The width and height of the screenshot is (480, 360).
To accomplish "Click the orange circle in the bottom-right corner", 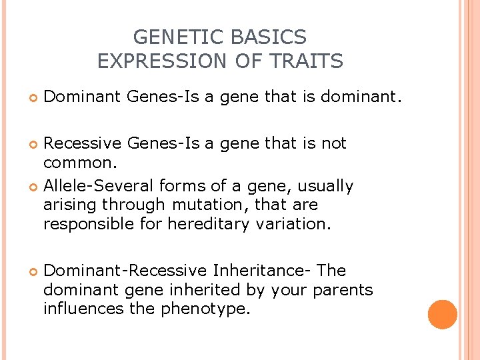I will pos(442,315).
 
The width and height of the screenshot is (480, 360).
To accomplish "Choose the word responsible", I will pos(85,223).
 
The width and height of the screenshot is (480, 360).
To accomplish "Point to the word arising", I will pos(69,205).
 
